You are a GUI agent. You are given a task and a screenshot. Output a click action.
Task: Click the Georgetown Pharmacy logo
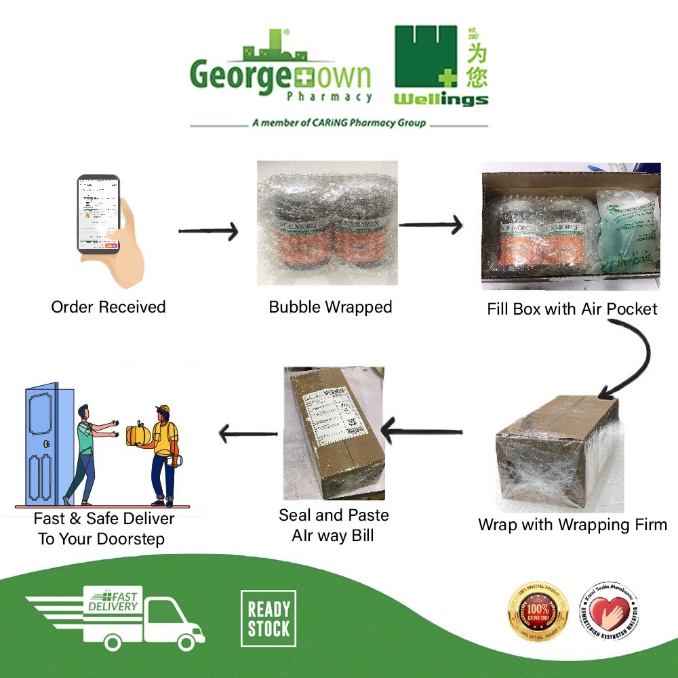tap(281, 71)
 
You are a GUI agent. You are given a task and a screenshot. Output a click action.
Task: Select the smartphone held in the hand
tap(99, 214)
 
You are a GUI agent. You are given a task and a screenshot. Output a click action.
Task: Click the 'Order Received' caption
tap(108, 307)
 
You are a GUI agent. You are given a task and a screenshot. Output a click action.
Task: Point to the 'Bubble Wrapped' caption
tap(330, 307)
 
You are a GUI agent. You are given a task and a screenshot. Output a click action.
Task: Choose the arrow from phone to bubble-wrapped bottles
tap(208, 232)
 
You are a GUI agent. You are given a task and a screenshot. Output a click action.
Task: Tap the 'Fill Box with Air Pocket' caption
tap(572, 309)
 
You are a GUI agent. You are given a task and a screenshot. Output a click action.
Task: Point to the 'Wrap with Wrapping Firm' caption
tap(572, 524)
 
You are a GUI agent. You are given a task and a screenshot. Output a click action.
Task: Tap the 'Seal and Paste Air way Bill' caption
tap(334, 525)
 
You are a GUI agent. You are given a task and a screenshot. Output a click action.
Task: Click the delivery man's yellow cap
tap(163, 409)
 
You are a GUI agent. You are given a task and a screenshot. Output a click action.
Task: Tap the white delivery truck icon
tap(115, 617)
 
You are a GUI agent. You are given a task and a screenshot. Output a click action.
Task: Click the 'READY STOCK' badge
tap(268, 618)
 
